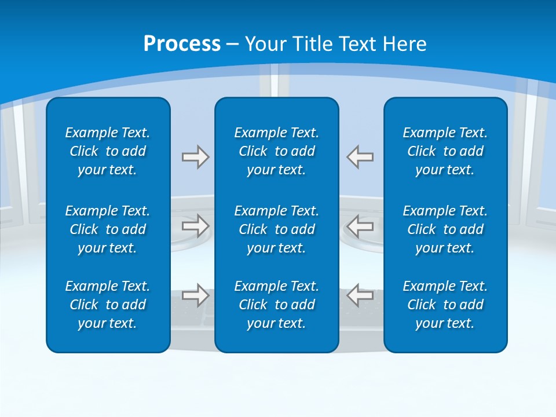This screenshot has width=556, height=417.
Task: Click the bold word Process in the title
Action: (182, 44)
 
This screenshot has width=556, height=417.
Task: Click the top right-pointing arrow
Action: (195, 157)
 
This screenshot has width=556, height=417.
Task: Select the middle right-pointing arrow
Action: (195, 226)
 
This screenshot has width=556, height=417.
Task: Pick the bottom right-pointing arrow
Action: (195, 295)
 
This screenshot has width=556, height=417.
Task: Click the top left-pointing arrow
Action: (360, 157)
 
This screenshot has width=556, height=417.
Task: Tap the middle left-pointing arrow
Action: (360, 226)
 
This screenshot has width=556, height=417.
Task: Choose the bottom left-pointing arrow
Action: (360, 295)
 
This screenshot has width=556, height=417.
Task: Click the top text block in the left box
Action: (108, 151)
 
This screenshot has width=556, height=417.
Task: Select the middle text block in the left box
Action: (108, 229)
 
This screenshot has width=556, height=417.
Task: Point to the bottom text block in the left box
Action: (108, 305)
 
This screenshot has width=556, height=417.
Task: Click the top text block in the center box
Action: (276, 151)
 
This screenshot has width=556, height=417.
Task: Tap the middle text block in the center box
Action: (276, 229)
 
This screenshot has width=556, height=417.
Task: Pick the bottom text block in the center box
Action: (276, 305)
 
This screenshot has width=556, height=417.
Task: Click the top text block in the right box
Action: (445, 151)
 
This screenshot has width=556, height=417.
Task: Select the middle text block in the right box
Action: (445, 229)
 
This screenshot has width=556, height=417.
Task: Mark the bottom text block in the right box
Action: (445, 305)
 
